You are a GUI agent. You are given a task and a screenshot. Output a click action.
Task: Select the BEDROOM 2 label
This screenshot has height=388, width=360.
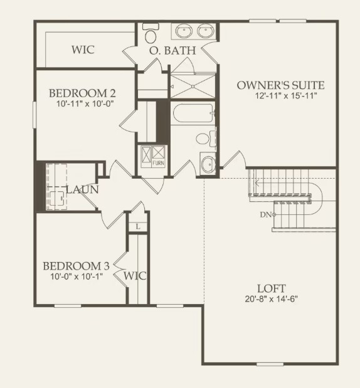[x=82, y=93]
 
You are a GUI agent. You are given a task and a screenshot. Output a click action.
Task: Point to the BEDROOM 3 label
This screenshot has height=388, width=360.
[x=76, y=266]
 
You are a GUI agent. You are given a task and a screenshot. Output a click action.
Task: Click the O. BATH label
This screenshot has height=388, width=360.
[x=172, y=50]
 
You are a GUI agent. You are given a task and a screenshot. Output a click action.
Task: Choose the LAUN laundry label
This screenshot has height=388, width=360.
[x=82, y=189]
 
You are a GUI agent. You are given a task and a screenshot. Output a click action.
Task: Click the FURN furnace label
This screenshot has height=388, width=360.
[x=159, y=164]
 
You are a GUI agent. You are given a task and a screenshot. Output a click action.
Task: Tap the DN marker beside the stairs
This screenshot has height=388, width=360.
[x=265, y=215]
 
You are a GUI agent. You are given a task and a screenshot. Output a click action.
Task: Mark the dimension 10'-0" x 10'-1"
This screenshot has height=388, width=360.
[x=76, y=276]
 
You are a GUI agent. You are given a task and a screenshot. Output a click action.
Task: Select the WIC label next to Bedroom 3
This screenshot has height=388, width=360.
[x=135, y=276]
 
